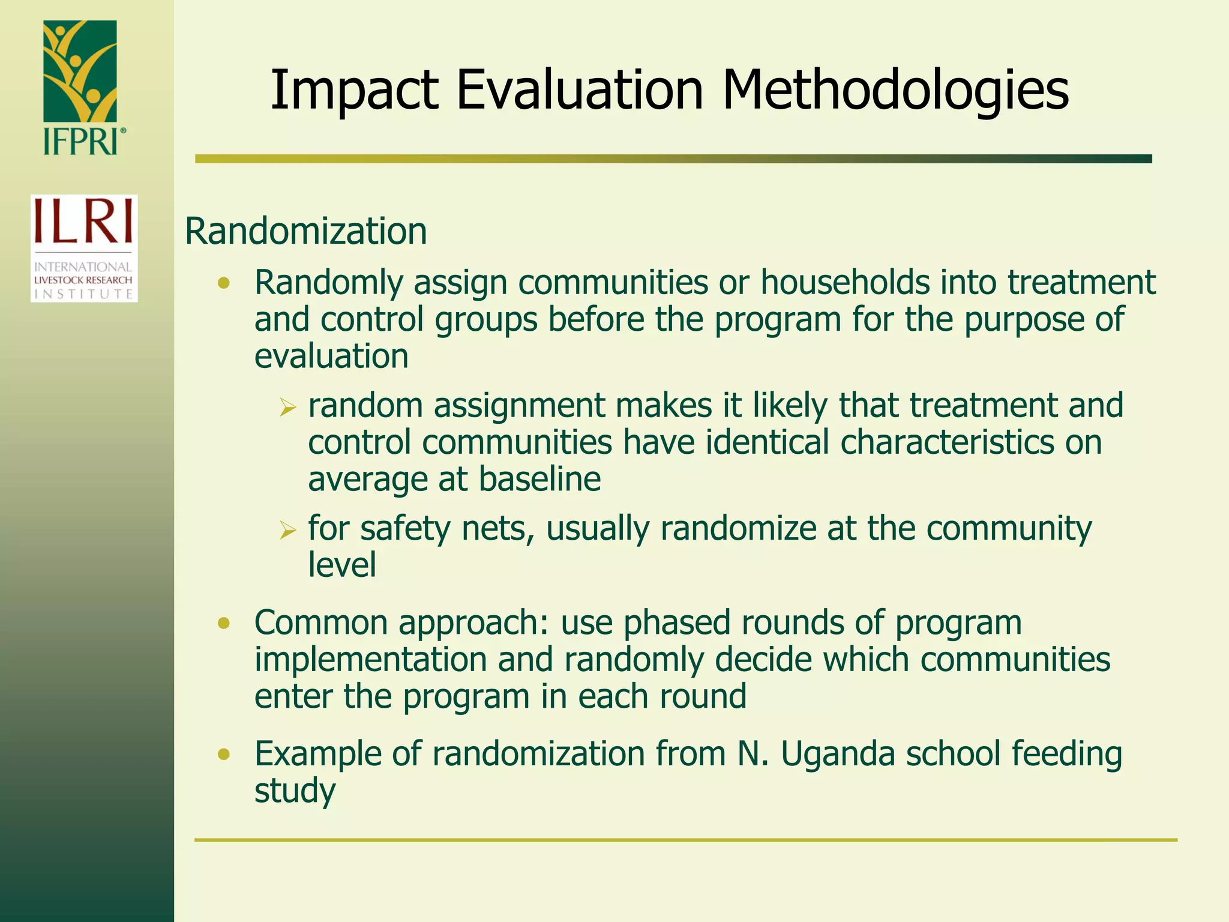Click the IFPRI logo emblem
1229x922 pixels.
point(80,71)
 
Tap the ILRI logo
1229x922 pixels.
point(84,248)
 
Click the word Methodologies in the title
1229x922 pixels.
point(895,91)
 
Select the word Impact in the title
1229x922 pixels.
point(354,91)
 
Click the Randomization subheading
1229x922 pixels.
point(306,231)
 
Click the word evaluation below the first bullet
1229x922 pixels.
point(331,357)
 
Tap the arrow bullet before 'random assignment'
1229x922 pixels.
point(288,409)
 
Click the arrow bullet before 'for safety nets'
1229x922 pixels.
point(288,531)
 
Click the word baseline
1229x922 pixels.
point(539,480)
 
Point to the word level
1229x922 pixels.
point(342,565)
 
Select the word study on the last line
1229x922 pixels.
point(295,791)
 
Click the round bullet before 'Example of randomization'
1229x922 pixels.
point(224,755)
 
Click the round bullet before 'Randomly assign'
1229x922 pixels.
point(224,283)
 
